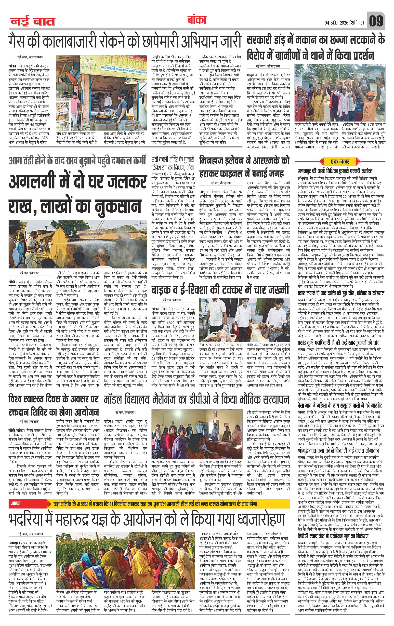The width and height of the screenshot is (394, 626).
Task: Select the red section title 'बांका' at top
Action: (197, 21)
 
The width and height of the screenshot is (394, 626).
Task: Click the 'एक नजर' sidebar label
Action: (339, 161)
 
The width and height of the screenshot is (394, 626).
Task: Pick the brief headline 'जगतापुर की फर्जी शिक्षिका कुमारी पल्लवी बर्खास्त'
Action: (335, 171)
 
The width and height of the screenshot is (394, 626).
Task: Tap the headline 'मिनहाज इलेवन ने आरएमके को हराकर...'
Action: (244, 166)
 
